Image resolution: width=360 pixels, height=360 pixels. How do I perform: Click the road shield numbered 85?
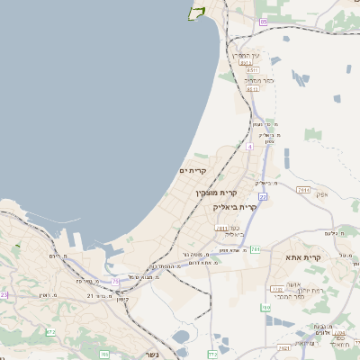(263, 21)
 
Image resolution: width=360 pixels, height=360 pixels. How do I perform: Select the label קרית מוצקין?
(217, 192)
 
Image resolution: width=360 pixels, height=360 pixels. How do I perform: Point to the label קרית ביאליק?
(235, 206)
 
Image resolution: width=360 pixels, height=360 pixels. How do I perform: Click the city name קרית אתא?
(280, 257)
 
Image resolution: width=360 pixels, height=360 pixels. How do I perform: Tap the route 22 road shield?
(263, 195)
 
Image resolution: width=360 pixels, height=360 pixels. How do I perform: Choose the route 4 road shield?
(249, 145)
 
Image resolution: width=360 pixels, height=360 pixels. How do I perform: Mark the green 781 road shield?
(256, 249)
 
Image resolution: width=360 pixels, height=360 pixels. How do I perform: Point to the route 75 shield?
(115, 281)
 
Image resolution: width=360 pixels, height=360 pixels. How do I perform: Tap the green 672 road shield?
(51, 333)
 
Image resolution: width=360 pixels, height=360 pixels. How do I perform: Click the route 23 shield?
(4, 294)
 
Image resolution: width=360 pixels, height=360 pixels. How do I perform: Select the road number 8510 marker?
(253, 88)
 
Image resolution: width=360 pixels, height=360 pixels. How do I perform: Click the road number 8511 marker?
(253, 70)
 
